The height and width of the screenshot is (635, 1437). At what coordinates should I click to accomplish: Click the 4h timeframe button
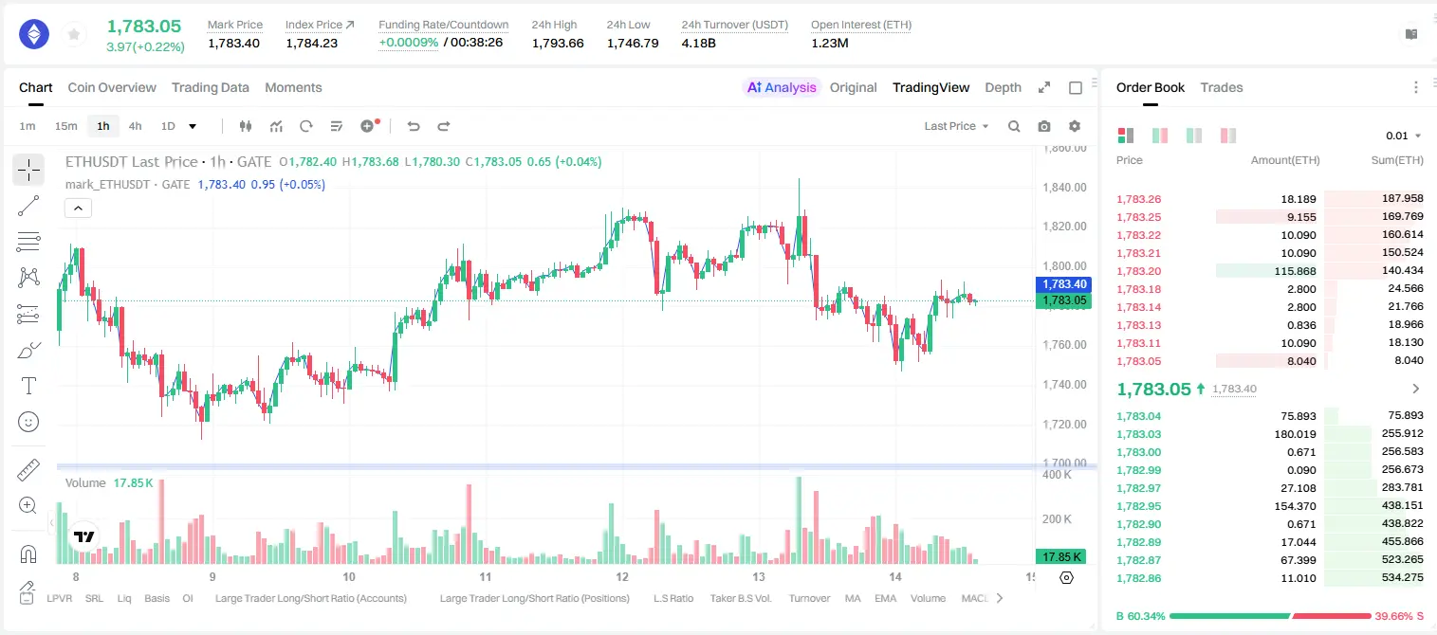coord(135,126)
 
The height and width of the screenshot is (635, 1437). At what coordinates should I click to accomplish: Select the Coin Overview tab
coord(112,87)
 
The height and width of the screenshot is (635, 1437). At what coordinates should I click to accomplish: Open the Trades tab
coord(1222,87)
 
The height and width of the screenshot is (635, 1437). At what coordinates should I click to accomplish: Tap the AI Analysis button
coord(782,87)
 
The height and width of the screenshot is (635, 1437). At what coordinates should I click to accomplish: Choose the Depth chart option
coord(1003,87)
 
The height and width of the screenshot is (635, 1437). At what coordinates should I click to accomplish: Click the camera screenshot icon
coord(1044,126)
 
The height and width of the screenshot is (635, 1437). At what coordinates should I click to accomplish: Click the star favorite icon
coord(74,34)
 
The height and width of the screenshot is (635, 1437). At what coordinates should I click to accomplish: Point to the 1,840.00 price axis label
coord(1064,187)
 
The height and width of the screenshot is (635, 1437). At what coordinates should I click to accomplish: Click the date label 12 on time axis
coord(621,576)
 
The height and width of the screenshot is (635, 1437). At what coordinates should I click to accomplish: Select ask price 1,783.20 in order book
coord(1139,271)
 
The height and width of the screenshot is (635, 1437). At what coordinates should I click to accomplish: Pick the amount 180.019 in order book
coord(1295,434)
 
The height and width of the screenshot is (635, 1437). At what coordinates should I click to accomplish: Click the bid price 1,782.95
coord(1139,505)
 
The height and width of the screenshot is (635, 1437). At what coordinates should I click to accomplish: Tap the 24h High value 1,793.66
coord(558,43)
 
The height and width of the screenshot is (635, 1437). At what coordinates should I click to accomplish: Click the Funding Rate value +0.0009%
coord(408,43)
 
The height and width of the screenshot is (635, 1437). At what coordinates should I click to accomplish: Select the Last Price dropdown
coord(956,126)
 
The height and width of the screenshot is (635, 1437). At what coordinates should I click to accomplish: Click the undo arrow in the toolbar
coord(414,126)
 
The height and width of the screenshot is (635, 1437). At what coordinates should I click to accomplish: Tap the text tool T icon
coord(28,386)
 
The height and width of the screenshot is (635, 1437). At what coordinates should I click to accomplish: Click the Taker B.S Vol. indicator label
coord(740,598)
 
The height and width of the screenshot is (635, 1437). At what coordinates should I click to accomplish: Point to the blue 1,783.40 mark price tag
coord(1063,284)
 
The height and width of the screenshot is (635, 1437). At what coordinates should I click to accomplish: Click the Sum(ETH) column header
coord(1397,160)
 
